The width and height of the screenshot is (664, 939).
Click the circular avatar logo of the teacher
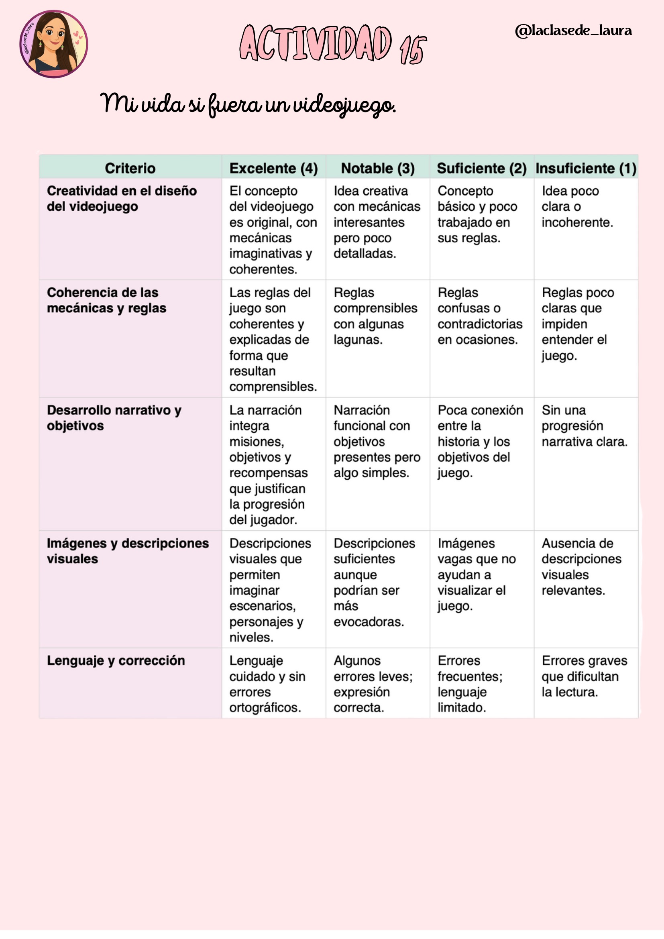click(53, 44)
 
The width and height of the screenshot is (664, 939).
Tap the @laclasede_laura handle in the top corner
click(573, 31)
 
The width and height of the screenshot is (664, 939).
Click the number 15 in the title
click(413, 49)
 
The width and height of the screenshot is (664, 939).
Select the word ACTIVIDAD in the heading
click(315, 43)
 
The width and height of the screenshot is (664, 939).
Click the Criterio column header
click(130, 168)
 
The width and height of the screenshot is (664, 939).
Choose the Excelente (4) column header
click(273, 168)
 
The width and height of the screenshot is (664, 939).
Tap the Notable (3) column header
click(377, 168)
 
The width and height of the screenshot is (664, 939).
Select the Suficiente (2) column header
click(482, 168)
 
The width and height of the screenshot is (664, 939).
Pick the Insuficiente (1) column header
click(586, 168)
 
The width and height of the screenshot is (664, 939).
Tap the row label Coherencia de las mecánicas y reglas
click(106, 300)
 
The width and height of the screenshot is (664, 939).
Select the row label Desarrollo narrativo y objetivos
click(114, 418)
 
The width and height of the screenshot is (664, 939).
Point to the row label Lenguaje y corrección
click(116, 660)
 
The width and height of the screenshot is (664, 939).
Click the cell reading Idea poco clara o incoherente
click(577, 206)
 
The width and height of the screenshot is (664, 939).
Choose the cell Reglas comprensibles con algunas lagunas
click(375, 316)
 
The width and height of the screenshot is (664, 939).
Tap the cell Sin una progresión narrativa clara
click(584, 426)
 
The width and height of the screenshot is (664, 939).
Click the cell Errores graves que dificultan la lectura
click(584, 676)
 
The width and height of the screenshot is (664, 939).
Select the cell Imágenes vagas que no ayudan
click(477, 574)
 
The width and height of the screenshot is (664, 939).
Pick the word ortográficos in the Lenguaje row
click(265, 707)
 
